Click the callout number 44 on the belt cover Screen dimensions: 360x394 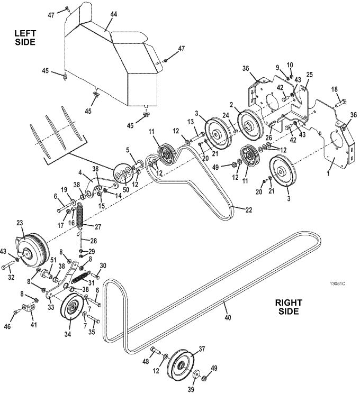click(x=114, y=14)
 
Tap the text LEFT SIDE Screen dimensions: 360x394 click(x=25, y=38)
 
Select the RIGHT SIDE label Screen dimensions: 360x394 click(x=289, y=307)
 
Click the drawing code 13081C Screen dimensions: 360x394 click(x=338, y=283)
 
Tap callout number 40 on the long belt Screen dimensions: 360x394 click(x=228, y=318)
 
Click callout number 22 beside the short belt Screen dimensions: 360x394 click(x=248, y=210)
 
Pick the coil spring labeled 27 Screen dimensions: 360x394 click(x=79, y=215)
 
